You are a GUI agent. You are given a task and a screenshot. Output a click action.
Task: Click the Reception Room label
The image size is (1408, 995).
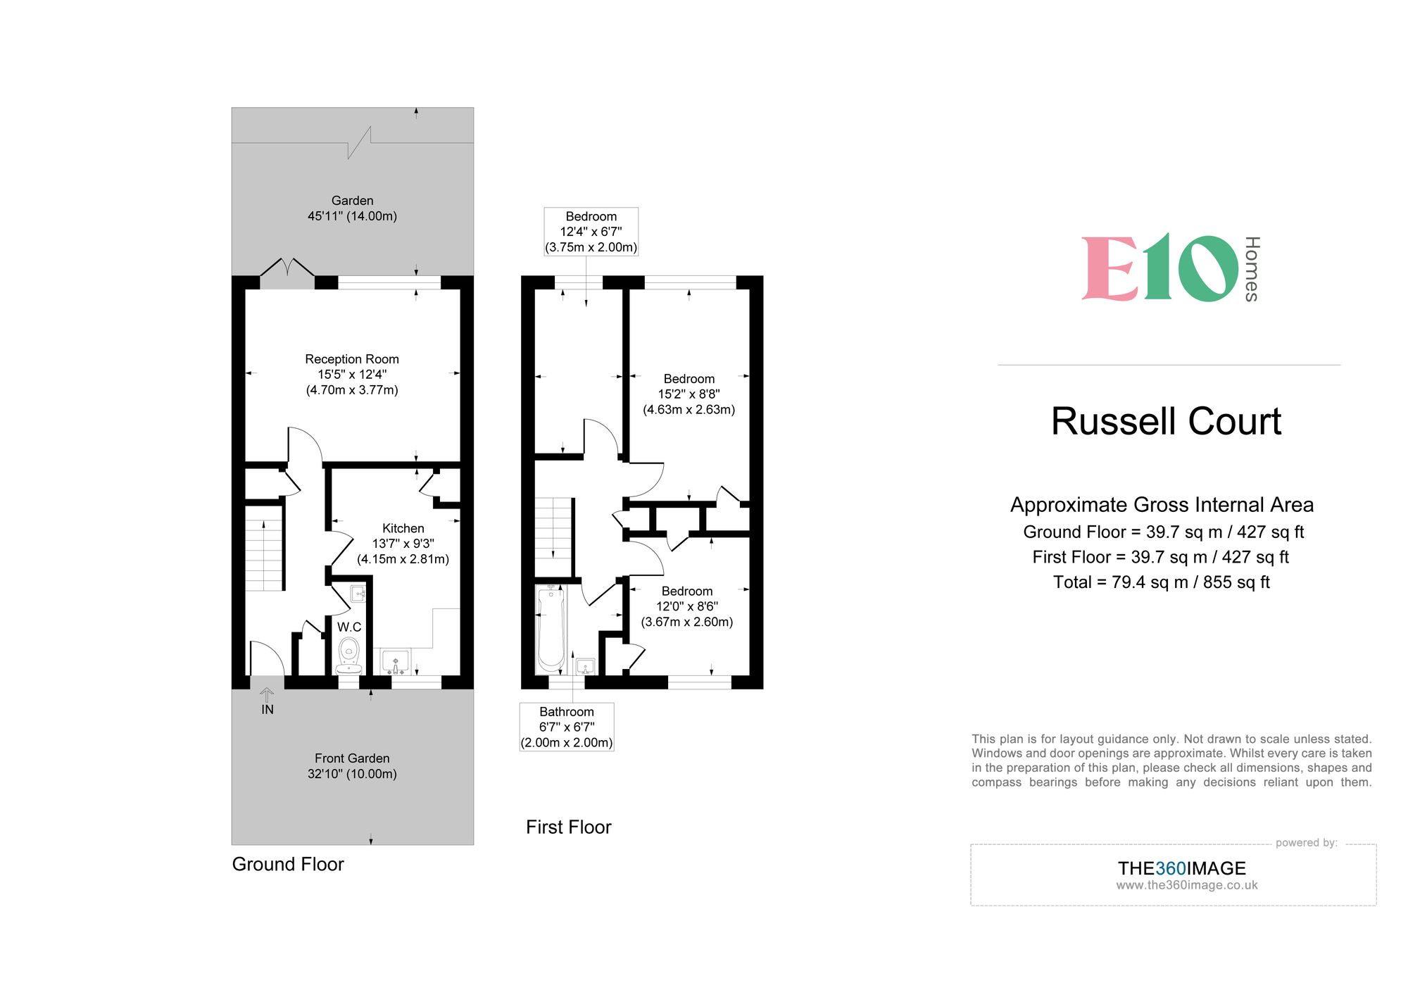click(352, 359)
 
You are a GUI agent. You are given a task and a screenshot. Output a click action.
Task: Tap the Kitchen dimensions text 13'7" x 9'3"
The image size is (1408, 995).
click(403, 544)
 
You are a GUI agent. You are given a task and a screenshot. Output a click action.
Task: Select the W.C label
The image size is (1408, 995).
click(349, 627)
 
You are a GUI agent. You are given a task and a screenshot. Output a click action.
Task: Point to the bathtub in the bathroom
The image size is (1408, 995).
click(551, 629)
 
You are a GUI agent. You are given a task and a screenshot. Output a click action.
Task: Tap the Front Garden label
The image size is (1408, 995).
click(352, 758)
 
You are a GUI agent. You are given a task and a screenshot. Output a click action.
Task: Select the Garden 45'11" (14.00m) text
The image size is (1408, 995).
click(352, 208)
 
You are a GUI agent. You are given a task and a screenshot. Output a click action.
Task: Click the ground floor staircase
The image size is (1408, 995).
click(264, 553)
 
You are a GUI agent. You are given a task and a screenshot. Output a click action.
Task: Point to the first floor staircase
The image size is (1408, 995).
click(553, 537)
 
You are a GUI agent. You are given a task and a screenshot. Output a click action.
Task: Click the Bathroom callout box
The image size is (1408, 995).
click(567, 727)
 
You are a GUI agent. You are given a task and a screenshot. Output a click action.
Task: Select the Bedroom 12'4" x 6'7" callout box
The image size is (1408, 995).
click(591, 232)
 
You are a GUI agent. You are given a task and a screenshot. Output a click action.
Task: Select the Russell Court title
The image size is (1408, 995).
click(1166, 421)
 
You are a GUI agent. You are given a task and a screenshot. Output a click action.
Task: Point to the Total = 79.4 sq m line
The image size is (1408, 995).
click(1161, 582)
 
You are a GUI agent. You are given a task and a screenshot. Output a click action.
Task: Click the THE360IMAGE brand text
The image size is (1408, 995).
click(1181, 868)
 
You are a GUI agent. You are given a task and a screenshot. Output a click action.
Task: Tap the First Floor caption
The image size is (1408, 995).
click(568, 827)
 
